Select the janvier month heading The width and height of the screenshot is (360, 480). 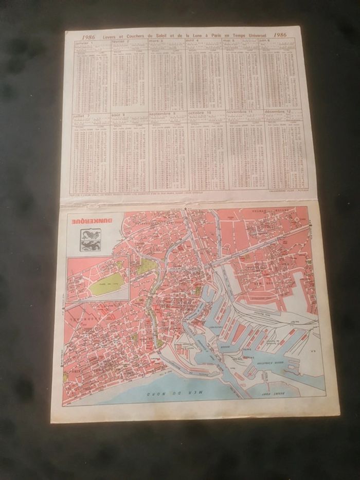[x=82, y=43]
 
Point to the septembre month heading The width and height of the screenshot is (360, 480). [x=159, y=114]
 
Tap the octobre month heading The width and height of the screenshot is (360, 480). [x=198, y=113]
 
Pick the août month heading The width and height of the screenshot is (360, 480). [x=117, y=115]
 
